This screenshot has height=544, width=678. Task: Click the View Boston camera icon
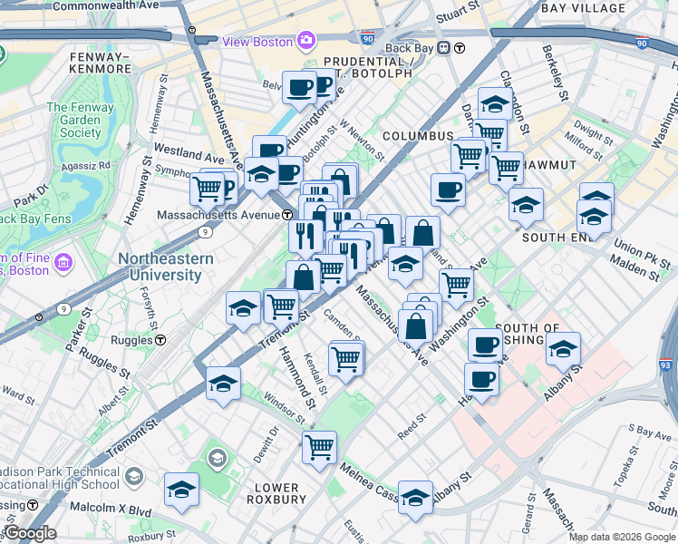click(x=306, y=41)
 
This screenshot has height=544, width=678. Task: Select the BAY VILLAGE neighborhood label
click(x=583, y=8)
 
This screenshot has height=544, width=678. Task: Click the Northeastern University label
click(x=166, y=267)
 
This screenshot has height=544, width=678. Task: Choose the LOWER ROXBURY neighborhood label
click(x=275, y=493)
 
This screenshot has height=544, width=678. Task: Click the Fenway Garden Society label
click(x=74, y=120)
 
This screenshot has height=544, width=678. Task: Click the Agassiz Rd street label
click(x=85, y=166)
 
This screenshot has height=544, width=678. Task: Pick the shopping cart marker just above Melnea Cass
click(x=319, y=446)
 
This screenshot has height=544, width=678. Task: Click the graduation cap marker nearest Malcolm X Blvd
click(x=181, y=490)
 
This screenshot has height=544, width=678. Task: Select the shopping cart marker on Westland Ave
click(x=207, y=189)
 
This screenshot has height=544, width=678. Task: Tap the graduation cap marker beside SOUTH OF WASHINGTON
click(x=563, y=348)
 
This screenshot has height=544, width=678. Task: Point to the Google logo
click(x=31, y=533)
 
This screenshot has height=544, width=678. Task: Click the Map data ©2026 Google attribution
click(x=621, y=537)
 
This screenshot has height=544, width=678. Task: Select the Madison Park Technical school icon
click(x=134, y=477)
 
